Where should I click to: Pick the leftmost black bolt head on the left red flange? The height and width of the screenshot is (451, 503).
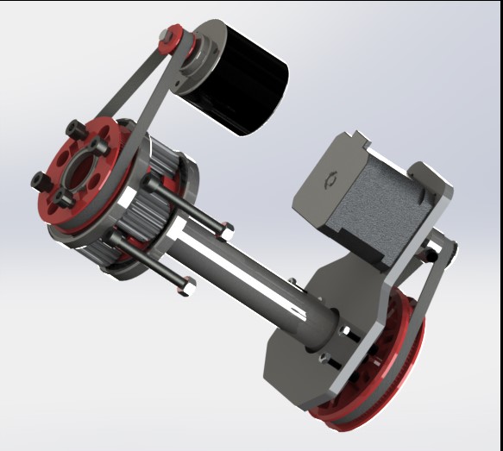(x=39, y=181)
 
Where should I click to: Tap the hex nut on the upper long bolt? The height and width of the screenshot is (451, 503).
(x=226, y=231)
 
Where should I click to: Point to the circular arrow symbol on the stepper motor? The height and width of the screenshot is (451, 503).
(x=329, y=181)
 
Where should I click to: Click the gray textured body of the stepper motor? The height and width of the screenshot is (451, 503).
(x=380, y=207)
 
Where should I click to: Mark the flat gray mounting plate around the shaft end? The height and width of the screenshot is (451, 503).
(x=293, y=345)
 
